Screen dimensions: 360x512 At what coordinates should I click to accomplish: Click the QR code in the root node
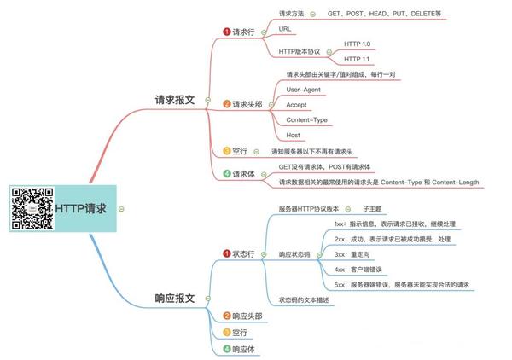32,208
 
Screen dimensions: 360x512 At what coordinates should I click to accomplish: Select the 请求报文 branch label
173,99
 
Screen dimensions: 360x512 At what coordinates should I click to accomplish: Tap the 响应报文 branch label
174,299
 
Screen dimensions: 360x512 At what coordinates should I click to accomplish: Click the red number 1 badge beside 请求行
227,32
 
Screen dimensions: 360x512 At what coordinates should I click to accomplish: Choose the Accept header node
297,104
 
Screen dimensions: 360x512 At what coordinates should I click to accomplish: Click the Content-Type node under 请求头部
306,119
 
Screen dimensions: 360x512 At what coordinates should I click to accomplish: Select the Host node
293,135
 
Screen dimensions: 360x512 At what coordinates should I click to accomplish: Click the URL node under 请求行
286,29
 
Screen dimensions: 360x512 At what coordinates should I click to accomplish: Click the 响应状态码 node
300,254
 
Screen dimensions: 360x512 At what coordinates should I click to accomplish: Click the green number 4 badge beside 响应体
227,349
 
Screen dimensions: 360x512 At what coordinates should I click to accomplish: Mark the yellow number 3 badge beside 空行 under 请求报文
227,151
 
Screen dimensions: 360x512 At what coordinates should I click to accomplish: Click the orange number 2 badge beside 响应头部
227,316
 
